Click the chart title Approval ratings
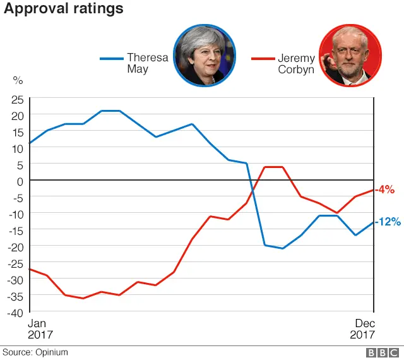[x=63, y=9]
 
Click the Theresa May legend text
[x=148, y=63]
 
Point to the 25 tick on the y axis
[x=17, y=99]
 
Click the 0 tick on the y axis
[x=20, y=181]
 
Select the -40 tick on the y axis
[x=15, y=311]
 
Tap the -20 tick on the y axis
[x=15, y=246]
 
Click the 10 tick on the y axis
[x=17, y=148]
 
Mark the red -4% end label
[x=384, y=189]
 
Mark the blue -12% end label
[x=387, y=222]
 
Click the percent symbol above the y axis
[x=18, y=81]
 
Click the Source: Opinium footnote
[x=35, y=352]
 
